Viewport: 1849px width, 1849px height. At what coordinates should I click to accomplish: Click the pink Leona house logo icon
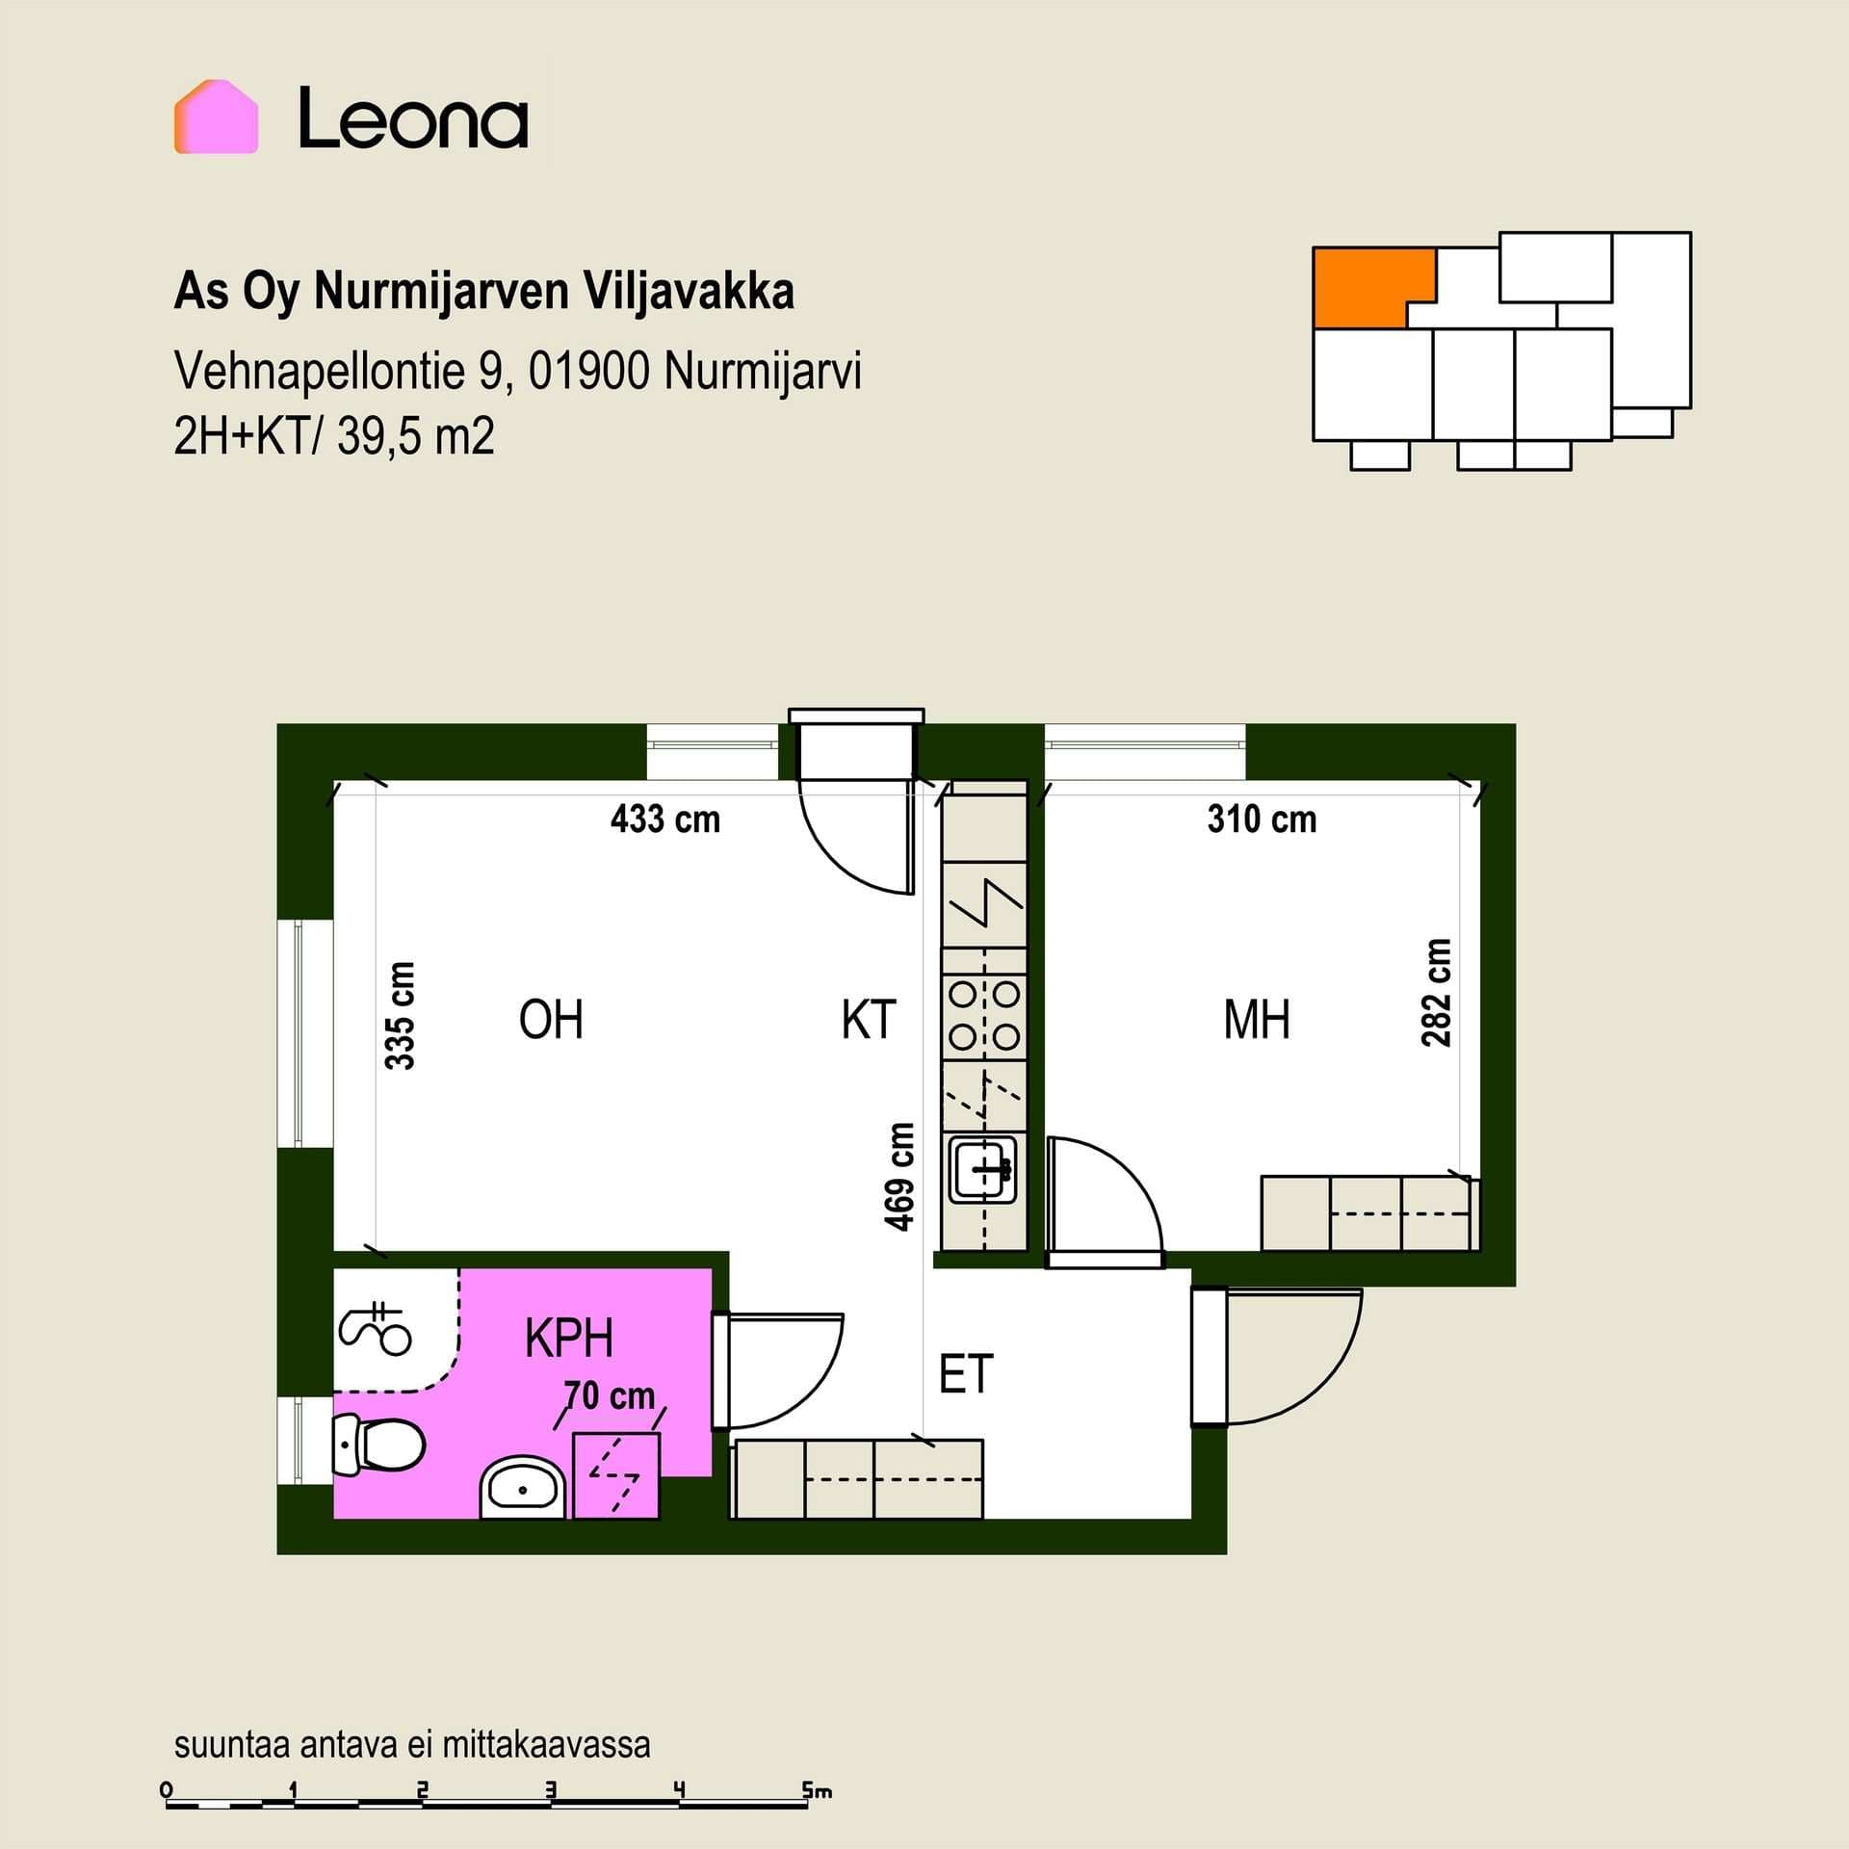216,117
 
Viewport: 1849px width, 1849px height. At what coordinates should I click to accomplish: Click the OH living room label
551,1020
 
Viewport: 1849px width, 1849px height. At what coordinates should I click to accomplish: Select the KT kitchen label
869,1020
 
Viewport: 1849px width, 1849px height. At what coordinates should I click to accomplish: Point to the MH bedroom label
1257,1020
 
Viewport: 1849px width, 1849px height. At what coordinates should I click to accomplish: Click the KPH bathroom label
569,1338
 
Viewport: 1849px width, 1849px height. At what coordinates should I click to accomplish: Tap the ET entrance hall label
966,1374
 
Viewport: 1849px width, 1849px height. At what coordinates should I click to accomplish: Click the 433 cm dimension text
665,820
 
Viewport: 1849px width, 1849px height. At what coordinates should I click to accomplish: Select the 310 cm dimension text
1262,820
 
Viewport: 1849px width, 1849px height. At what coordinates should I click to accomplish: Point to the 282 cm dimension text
1436,993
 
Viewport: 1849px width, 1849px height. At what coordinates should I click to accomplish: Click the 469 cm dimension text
899,1177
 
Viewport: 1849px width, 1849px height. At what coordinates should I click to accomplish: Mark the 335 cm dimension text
400,1016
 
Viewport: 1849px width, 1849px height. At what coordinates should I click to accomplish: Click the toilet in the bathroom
378,1445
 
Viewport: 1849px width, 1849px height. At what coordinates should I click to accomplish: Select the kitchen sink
983,1169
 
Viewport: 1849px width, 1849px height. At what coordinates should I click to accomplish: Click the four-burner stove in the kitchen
984,1013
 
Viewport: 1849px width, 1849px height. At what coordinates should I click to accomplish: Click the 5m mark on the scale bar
817,1791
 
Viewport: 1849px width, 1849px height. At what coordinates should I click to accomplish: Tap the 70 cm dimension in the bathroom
610,1395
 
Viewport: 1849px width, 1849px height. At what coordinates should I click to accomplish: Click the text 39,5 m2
416,437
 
